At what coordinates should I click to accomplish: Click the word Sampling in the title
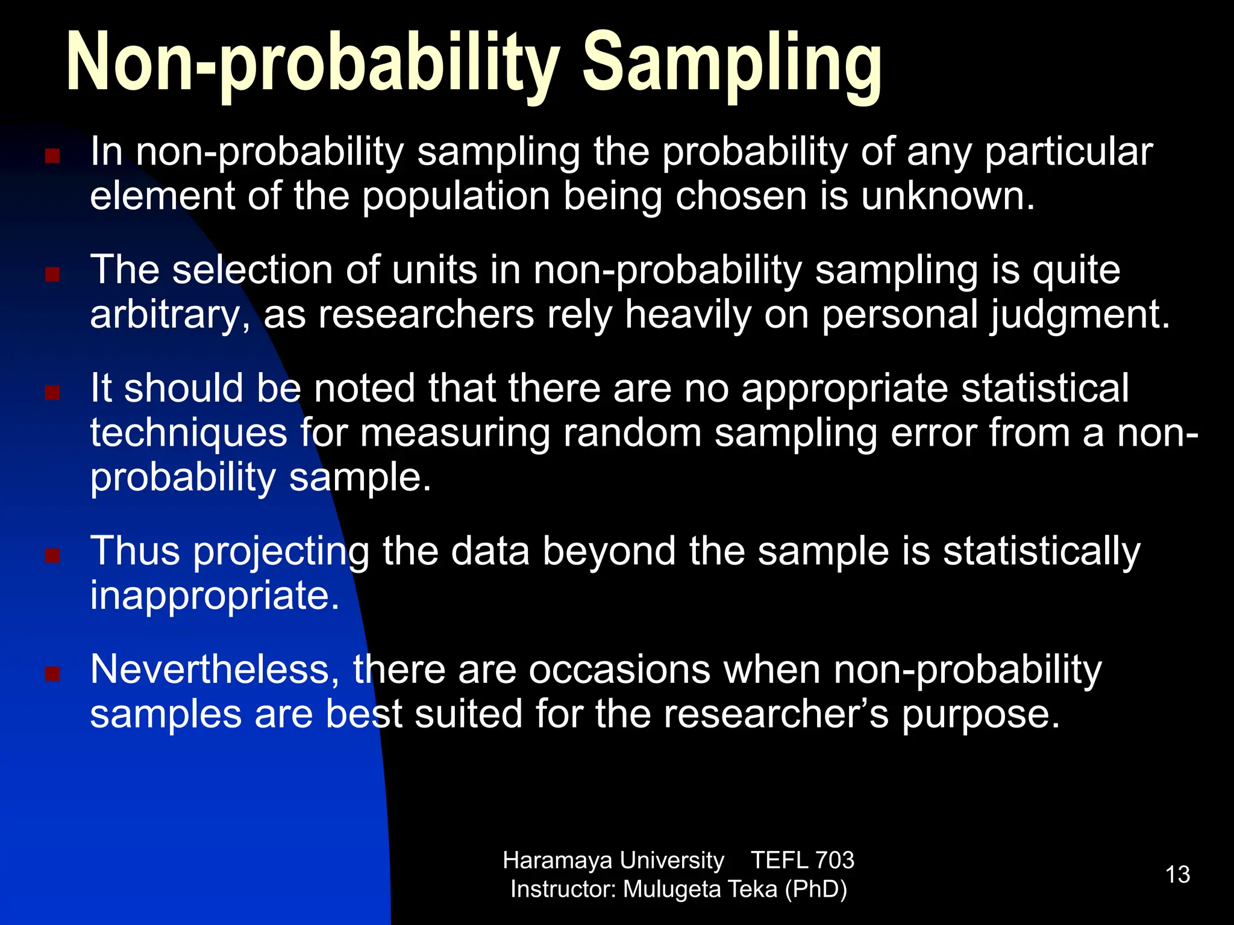click(731, 63)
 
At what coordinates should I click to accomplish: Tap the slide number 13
click(1177, 874)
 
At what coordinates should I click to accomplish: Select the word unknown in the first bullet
click(947, 196)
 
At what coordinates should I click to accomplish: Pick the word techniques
click(189, 434)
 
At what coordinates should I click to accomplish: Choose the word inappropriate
click(215, 596)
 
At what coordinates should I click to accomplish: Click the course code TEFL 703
click(802, 861)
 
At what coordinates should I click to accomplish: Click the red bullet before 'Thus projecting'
click(52, 555)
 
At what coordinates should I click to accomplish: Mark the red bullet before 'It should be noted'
click(52, 393)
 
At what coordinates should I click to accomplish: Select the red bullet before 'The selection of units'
click(52, 275)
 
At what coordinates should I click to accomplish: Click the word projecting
click(281, 552)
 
